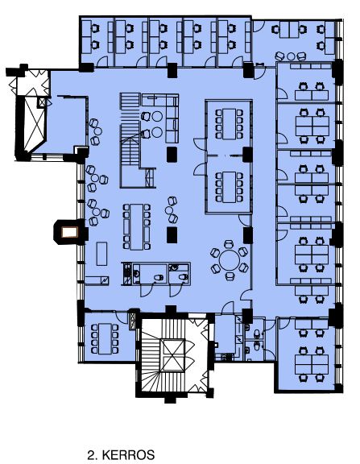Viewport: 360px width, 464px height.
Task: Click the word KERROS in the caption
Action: coord(128,454)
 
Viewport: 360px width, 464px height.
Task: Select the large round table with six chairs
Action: coord(230,260)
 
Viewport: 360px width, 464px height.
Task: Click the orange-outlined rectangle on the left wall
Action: coord(69,233)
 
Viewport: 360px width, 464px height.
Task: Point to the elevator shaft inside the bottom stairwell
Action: coord(172,354)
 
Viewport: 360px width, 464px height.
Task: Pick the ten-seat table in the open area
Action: coord(137,226)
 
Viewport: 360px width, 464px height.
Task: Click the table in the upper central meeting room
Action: coord(230,124)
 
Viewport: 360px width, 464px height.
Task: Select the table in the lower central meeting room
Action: coord(230,187)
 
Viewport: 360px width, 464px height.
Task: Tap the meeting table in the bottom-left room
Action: coord(105,338)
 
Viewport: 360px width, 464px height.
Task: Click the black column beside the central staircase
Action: coord(172,155)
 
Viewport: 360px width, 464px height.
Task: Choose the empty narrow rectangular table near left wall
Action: coord(101,254)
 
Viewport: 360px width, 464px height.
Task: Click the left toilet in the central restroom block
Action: coord(159,278)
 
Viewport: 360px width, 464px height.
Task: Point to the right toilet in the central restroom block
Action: coord(183,277)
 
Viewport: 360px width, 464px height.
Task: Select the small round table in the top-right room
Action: coord(291,56)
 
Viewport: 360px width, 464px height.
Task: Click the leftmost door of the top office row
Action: coord(102,61)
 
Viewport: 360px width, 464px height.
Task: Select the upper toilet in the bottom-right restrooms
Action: coord(257,333)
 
